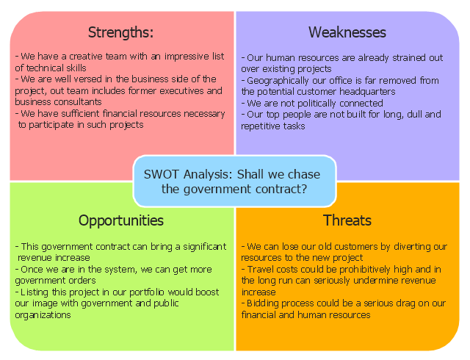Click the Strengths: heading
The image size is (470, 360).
pyautogui.click(x=120, y=32)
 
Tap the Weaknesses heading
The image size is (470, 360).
pyautogui.click(x=347, y=32)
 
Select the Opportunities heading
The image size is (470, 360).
pyautogui.click(x=121, y=221)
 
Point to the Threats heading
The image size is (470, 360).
pyautogui.click(x=347, y=220)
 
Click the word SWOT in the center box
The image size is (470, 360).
pyautogui.click(x=162, y=174)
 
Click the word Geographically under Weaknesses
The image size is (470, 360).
pyautogui.click(x=278, y=81)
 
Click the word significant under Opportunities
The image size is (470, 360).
pyautogui.click(x=205, y=247)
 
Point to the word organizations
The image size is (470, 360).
pyautogui.click(x=43, y=315)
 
